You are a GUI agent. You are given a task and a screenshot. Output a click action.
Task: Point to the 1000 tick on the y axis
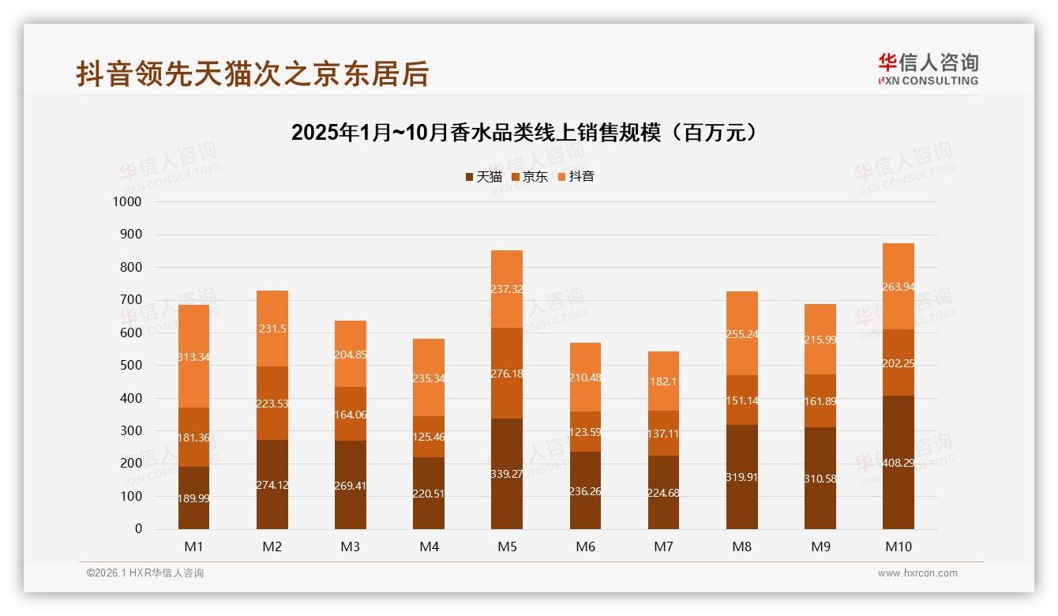tap(127, 201)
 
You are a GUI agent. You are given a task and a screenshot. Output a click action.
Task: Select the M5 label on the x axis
tap(507, 547)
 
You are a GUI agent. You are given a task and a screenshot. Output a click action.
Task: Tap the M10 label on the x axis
tap(899, 547)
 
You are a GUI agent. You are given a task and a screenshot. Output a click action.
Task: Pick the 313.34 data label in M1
tap(193, 357)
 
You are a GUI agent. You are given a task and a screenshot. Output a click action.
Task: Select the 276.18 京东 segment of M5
tap(507, 373)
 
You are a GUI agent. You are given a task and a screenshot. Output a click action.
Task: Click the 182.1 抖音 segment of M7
tap(663, 381)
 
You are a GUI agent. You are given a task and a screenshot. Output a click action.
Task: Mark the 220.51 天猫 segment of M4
tap(429, 493)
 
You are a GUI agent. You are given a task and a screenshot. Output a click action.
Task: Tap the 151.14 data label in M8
tap(741, 400)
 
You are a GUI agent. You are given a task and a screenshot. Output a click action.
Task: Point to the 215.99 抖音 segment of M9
tap(820, 339)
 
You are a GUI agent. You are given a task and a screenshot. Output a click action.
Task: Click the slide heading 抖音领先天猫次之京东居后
tap(253, 73)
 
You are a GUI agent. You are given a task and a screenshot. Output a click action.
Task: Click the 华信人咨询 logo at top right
tap(928, 69)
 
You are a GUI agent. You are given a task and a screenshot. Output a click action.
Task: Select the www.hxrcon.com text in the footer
tap(917, 573)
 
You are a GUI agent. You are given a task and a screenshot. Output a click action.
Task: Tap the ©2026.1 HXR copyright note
tap(145, 573)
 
